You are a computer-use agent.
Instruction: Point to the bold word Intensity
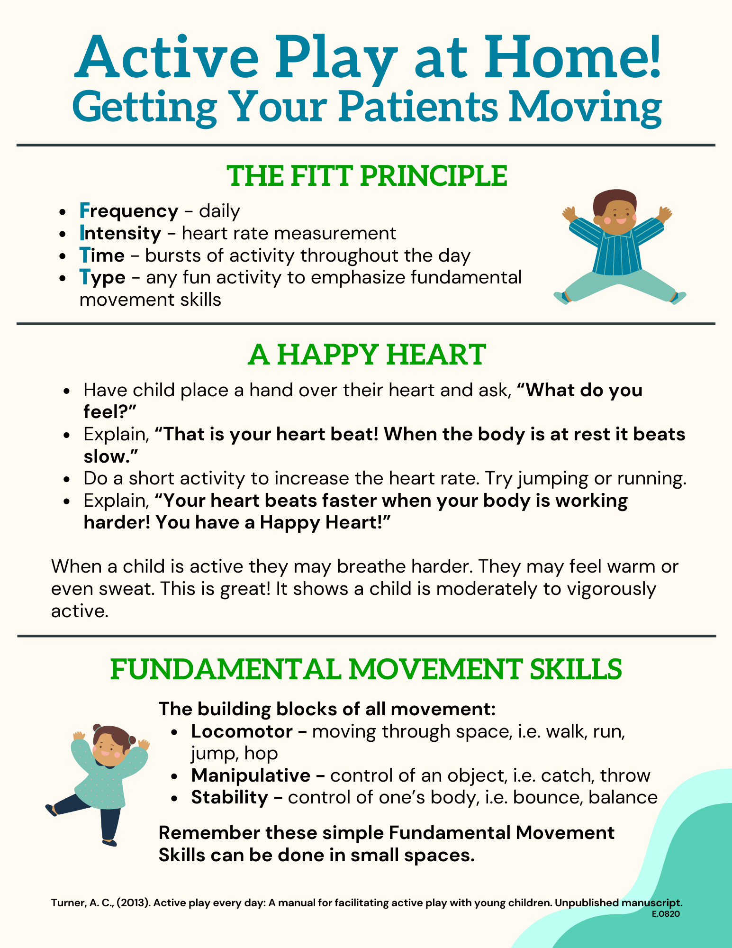pos(120,233)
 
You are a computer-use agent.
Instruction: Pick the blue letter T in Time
pos(84,255)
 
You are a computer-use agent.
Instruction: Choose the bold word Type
pos(102,278)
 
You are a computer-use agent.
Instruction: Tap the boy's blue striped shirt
pos(616,246)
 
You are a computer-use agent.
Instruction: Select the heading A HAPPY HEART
pos(367,355)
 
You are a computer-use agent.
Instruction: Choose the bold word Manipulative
pos(251,775)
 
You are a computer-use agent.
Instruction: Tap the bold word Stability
pos(230,798)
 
